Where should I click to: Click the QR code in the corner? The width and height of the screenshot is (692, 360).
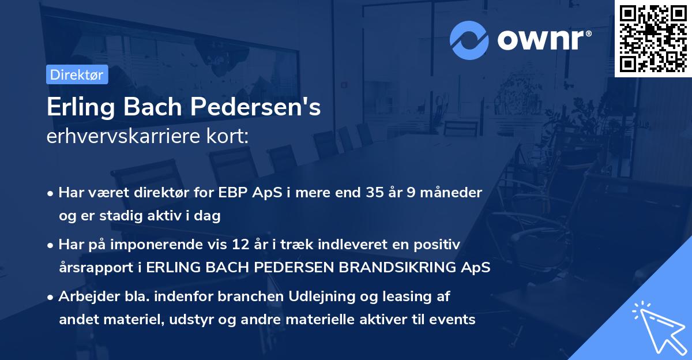point(653,38)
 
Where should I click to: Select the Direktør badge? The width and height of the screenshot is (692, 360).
point(77,74)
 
